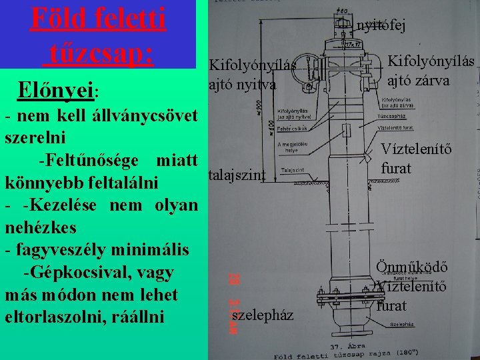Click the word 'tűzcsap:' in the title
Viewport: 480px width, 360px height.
[99, 52]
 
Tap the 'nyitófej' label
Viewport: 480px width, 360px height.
[381, 26]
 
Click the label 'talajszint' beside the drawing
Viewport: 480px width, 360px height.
[237, 175]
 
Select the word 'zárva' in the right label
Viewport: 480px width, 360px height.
[430, 81]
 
